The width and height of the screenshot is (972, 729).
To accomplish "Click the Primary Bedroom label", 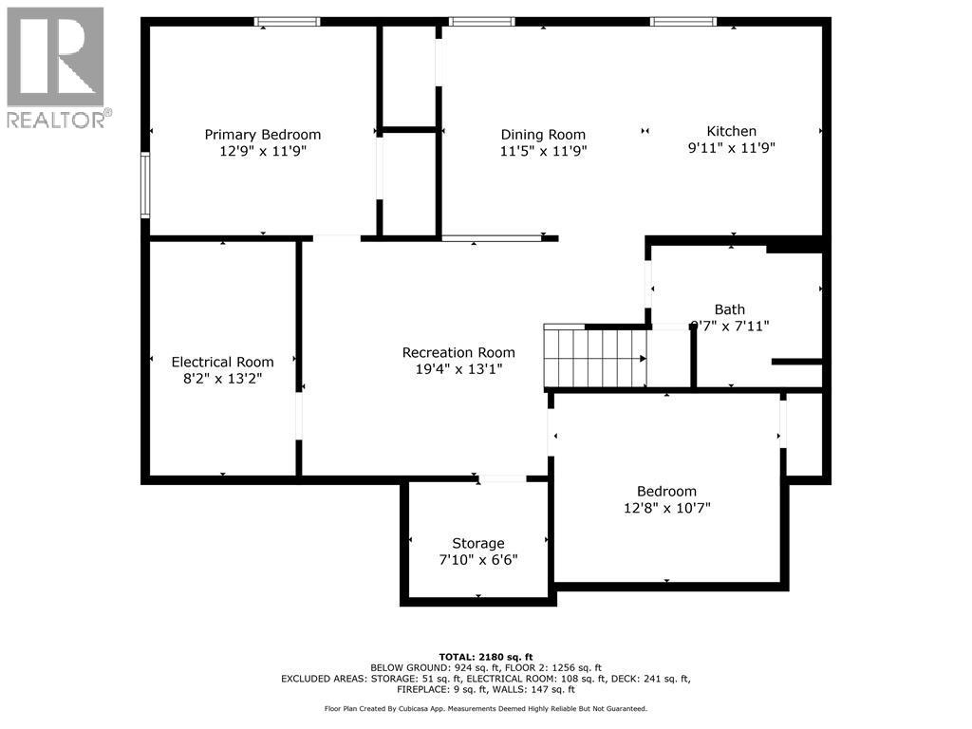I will (263, 135).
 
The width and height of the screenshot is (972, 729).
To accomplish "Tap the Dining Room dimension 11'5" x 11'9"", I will (543, 151).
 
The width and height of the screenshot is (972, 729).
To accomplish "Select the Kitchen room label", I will (732, 131).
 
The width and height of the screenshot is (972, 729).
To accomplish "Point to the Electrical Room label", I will (222, 362).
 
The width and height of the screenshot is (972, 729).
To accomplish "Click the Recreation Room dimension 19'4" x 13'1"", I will (458, 369).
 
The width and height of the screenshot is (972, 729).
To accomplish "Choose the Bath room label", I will (730, 309).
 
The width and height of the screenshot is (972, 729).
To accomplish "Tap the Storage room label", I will (477, 543).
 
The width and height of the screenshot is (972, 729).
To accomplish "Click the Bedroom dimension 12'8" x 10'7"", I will (666, 508).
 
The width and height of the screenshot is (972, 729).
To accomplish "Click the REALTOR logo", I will (56, 67).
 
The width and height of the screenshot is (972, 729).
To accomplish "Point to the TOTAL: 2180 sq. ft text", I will (485, 657).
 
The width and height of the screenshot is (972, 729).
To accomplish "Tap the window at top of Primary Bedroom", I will (288, 22).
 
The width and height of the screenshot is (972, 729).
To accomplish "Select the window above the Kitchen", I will (683, 22).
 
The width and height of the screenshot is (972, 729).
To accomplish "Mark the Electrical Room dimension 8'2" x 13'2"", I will (222, 378).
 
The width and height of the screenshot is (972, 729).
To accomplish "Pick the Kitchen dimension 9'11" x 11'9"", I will (732, 147).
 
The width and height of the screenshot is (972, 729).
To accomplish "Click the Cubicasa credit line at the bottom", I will (485, 708).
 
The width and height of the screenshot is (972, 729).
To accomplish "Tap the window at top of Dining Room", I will (482, 22).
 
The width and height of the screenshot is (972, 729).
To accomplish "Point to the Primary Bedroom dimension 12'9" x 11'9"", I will (263, 151).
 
